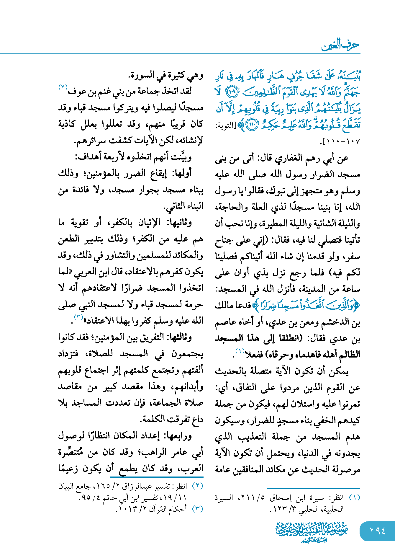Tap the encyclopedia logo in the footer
312,531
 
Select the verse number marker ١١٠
252,125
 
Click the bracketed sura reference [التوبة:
224,126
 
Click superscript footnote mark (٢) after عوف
63,87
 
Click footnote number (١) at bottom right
354,497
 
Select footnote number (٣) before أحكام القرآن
198,509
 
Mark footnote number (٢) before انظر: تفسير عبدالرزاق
198,486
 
